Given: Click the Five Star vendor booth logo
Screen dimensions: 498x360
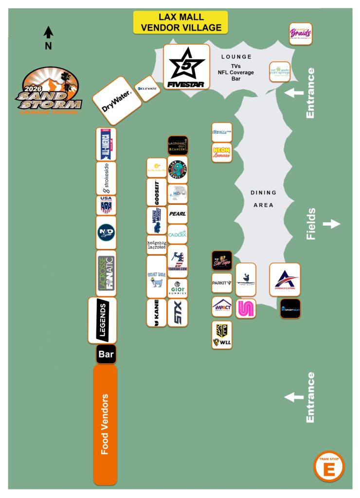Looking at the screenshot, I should click(186, 67).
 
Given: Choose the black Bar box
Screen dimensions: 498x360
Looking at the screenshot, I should click(106, 354).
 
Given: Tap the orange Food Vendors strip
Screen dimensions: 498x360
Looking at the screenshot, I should click(105, 425).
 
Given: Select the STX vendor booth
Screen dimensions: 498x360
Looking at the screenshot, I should click(177, 313).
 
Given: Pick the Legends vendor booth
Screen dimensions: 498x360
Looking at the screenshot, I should click(102, 320).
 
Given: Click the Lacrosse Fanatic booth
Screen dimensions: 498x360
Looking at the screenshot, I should click(106, 273).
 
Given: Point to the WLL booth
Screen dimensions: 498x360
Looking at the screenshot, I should click(222, 335).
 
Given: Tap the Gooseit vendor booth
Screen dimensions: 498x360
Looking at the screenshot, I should click(156, 193).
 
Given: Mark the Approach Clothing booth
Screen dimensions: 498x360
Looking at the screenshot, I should click(285, 280).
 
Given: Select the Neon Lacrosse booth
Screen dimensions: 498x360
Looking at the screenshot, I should click(222, 153).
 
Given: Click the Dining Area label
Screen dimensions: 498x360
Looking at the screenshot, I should click(264, 199).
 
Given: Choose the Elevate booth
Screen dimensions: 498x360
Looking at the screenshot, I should click(147, 89).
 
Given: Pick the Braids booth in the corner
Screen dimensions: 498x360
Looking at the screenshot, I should click(300, 34).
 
